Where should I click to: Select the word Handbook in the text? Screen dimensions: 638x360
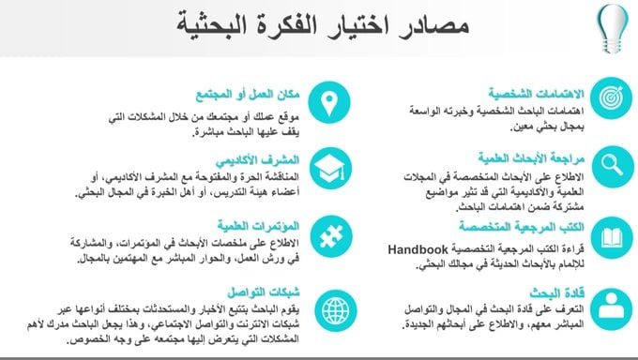pos(417,250)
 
